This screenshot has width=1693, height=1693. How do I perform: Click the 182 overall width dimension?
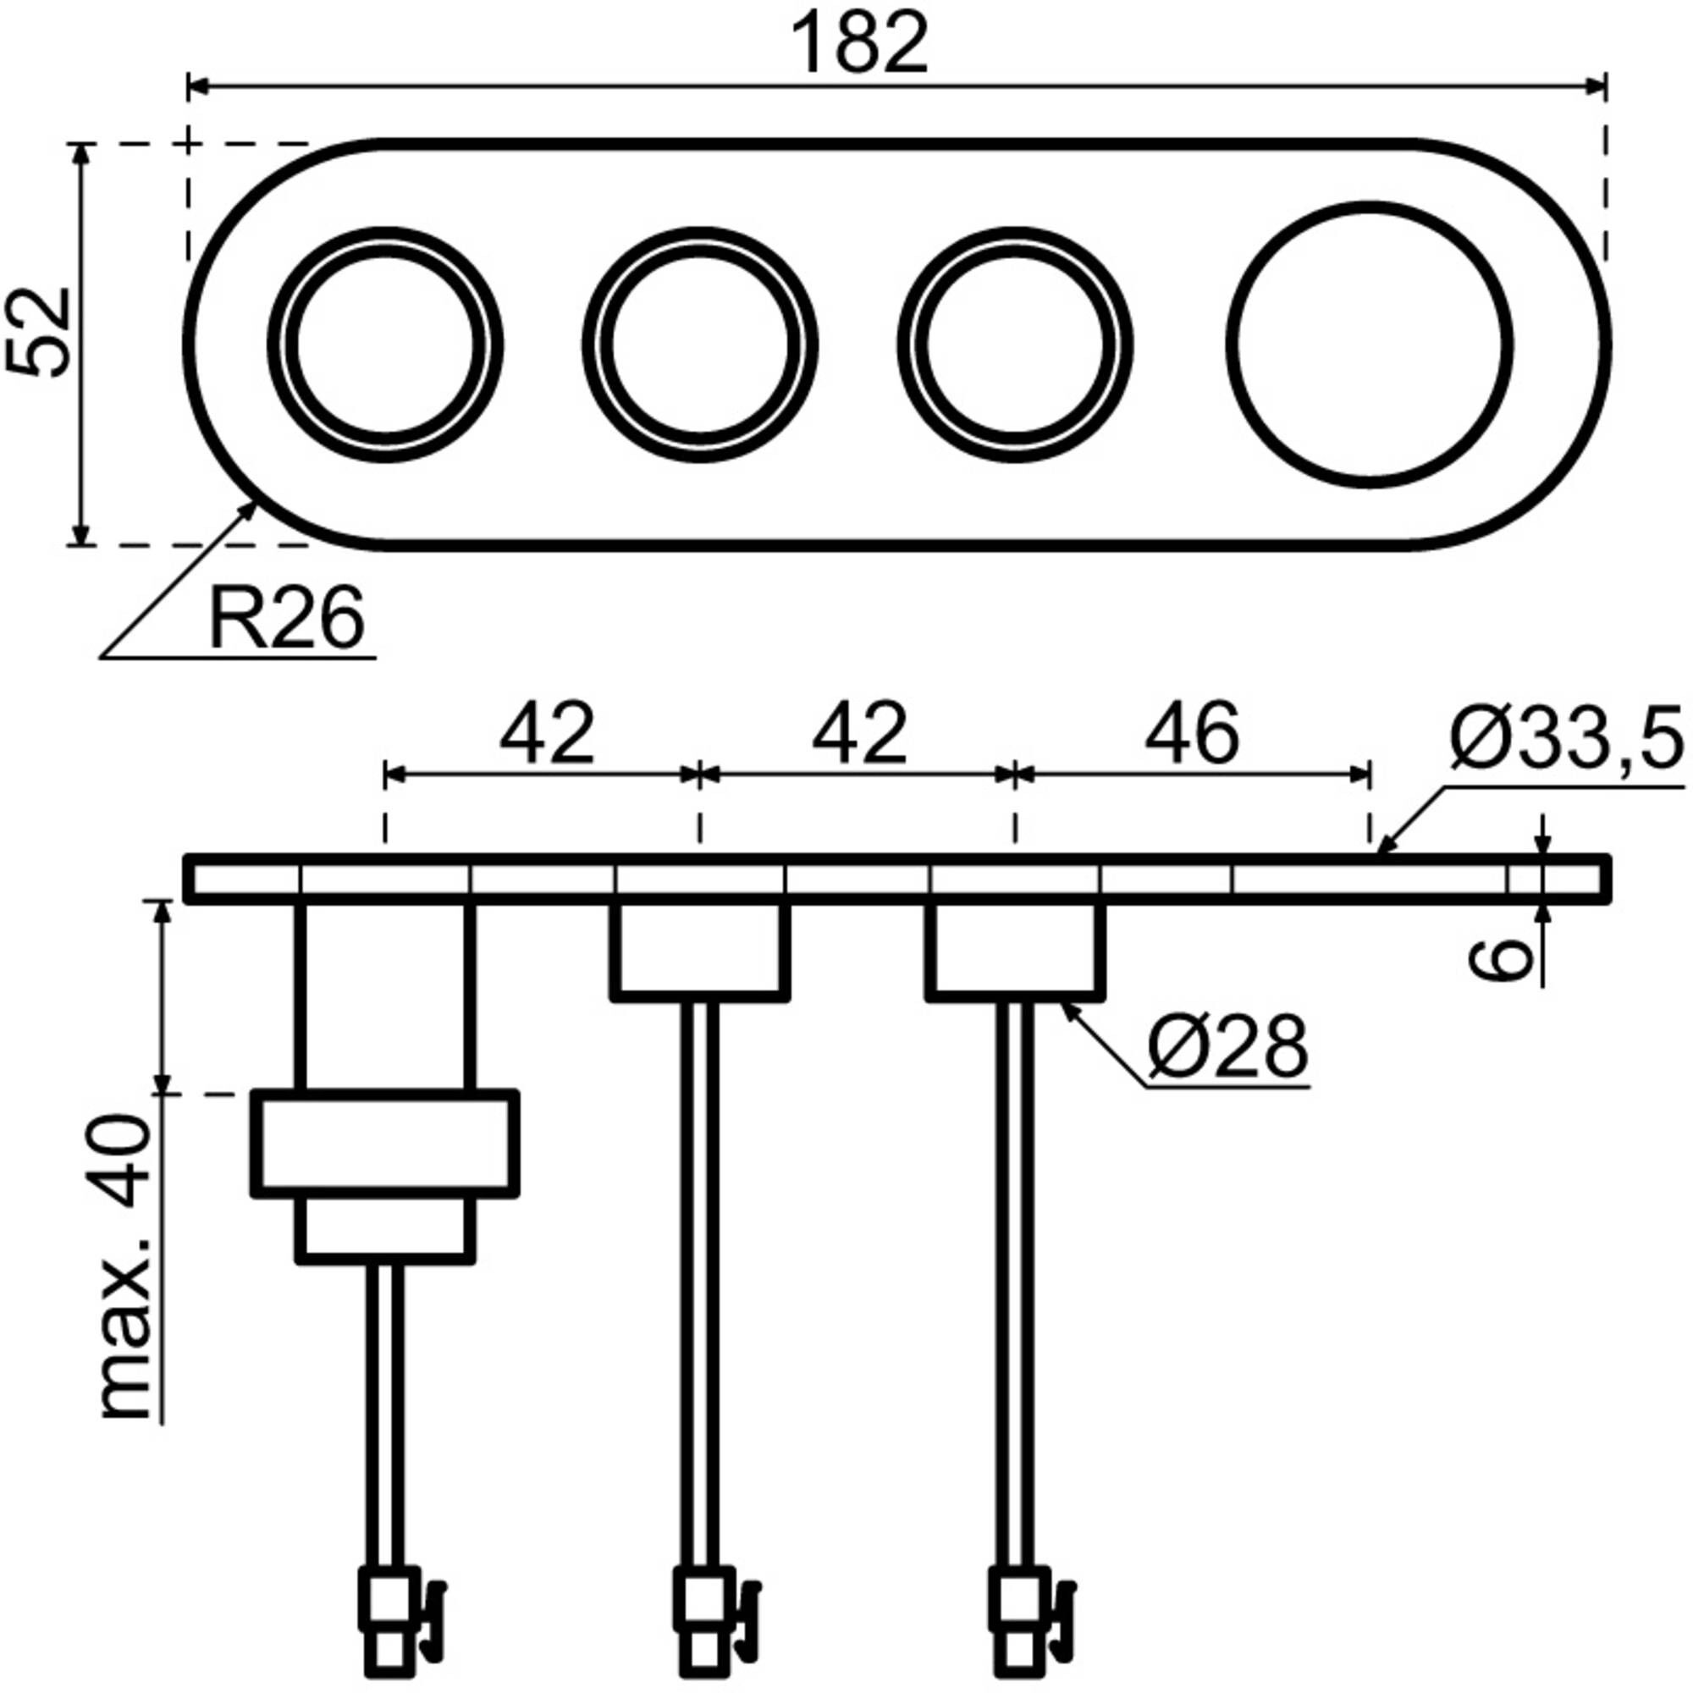(858, 44)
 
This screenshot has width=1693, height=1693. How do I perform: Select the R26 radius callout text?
(285, 620)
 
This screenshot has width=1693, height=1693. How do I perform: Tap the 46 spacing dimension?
(1192, 734)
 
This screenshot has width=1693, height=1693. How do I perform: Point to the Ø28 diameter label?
(1227, 1049)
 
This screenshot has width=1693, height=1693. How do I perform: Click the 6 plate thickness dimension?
(1500, 961)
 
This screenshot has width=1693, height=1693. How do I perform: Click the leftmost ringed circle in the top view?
(385, 345)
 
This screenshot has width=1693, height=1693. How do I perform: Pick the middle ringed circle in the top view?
(701, 345)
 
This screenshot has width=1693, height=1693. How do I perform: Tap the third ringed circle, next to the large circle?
(1016, 345)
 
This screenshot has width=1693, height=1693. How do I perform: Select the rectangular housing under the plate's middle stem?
(699, 950)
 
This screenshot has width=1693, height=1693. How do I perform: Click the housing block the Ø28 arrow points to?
(1015, 950)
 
